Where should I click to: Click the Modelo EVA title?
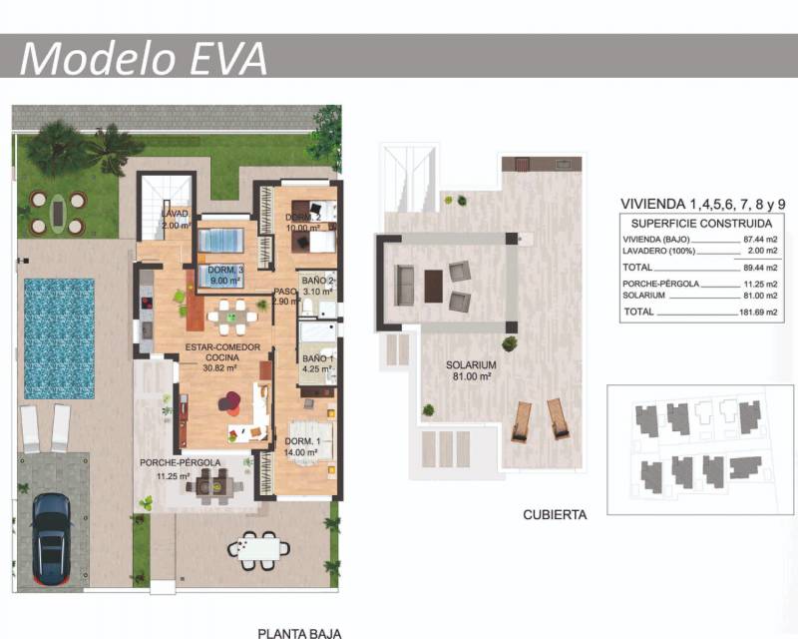(144, 58)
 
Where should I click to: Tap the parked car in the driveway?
(52, 539)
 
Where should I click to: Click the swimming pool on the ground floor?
(59, 338)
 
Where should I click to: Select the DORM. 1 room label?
(302, 441)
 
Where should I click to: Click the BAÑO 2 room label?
(317, 281)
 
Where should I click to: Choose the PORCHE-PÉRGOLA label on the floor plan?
(181, 462)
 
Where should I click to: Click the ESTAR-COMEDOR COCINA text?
(222, 352)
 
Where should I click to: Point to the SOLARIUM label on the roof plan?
(471, 364)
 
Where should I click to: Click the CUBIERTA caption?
(555, 514)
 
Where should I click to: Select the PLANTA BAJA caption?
(299, 634)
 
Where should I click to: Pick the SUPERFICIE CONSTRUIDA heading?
(701, 224)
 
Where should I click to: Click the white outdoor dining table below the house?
(258, 550)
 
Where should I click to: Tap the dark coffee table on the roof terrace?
(433, 286)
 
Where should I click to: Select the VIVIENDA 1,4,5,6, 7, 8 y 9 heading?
(703, 204)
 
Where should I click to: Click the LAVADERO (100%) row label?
(658, 251)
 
